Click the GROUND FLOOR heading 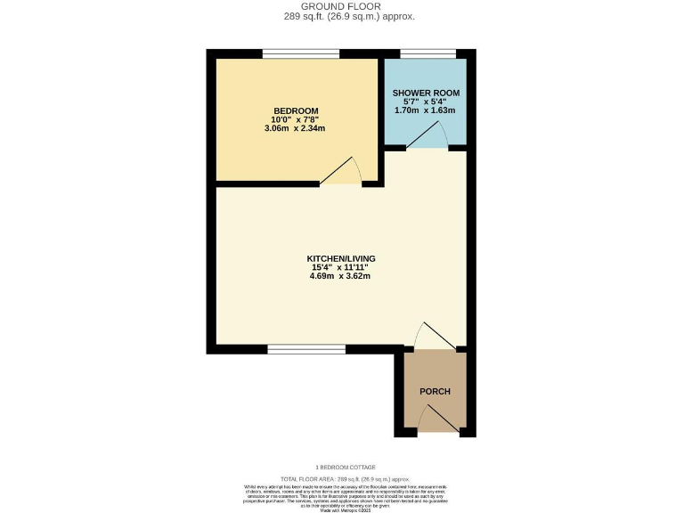(341, 5)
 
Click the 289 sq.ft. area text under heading (341, 16)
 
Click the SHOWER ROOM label (426, 93)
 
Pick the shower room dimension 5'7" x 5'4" (426, 102)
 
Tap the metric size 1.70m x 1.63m (426, 110)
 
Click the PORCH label (435, 392)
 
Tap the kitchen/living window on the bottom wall (306, 349)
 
